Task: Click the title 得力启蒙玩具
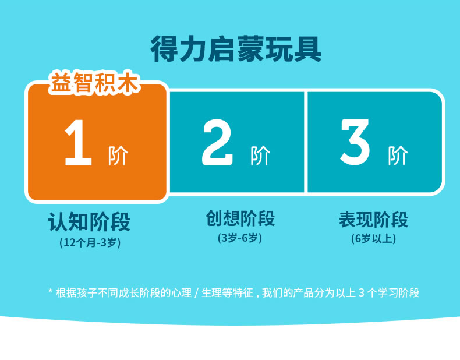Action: point(236,49)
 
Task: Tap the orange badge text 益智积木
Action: point(94,83)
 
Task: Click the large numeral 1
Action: point(78,143)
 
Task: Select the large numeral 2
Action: point(217,142)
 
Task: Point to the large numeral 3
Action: point(355,142)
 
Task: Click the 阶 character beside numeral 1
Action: point(118,156)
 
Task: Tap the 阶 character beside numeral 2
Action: point(260,156)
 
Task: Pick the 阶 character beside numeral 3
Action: point(398,156)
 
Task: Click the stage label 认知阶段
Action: point(89,221)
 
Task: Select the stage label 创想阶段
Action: point(240,218)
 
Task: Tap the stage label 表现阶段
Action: point(373,220)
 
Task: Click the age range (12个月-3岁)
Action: point(90,243)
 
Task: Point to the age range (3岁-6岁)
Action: point(240,238)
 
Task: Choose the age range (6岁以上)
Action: point(373,238)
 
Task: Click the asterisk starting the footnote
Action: point(50,291)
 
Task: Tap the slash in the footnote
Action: point(196,293)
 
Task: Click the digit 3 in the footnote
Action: point(362,293)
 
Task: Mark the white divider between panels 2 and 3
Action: point(306,142)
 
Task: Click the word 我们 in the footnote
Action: point(272,293)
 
